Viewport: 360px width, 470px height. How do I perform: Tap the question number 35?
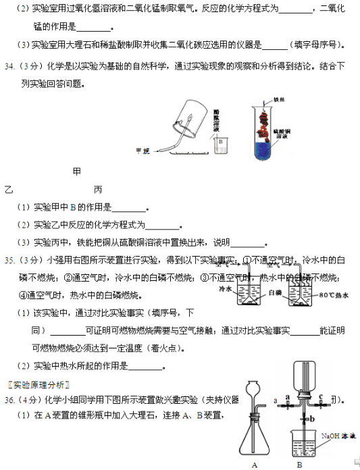pyautogui.click(x=10, y=259)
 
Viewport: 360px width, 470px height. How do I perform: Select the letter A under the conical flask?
pyautogui.click(x=254, y=464)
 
